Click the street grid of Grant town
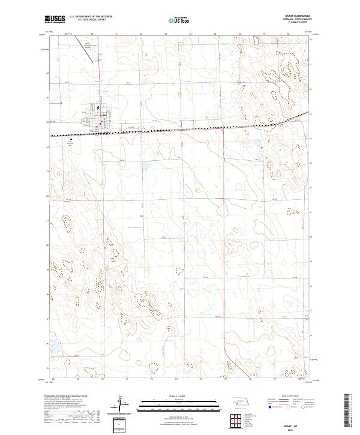[100, 112]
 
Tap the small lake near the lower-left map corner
[53, 346]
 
